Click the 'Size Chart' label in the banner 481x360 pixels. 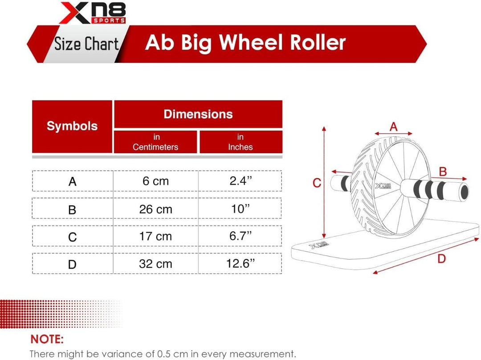pyautogui.click(x=86, y=44)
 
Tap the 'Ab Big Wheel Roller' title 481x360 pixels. pyautogui.click(x=245, y=43)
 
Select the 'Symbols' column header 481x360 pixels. pyautogui.click(x=72, y=126)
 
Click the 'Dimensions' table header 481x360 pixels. pyautogui.click(x=198, y=114)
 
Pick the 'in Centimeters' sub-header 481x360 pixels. pyautogui.click(x=155, y=142)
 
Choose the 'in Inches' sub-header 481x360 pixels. pyautogui.click(x=240, y=142)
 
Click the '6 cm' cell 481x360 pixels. pyautogui.click(x=155, y=181)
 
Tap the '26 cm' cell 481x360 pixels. pyautogui.click(x=155, y=209)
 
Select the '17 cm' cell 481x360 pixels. pyautogui.click(x=155, y=236)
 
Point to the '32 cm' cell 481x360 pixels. pyautogui.click(x=155, y=264)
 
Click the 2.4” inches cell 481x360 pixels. pyautogui.click(x=240, y=181)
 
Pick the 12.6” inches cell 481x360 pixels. pyautogui.click(x=240, y=264)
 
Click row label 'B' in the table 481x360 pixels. pyautogui.click(x=72, y=210)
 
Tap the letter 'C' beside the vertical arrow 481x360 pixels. pyautogui.click(x=317, y=183)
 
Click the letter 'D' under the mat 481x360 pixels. pyautogui.click(x=441, y=258)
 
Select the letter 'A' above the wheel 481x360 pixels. pyautogui.click(x=393, y=127)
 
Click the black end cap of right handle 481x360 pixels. pyautogui.click(x=464, y=191)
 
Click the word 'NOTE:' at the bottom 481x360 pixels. pyautogui.click(x=47, y=340)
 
